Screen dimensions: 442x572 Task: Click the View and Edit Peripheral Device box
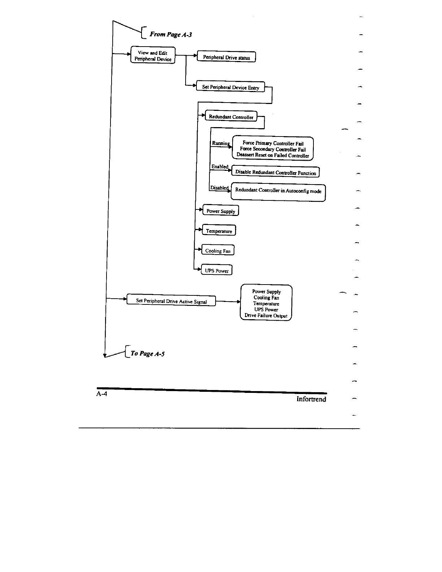[153, 55]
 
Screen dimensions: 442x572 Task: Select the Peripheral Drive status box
[226, 57]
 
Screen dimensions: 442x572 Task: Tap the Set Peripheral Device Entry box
[230, 87]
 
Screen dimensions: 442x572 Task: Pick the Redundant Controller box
[231, 117]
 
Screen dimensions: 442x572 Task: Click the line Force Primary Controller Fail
[273, 143]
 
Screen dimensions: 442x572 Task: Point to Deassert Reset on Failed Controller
[273, 155]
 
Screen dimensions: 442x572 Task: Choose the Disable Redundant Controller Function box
[276, 172]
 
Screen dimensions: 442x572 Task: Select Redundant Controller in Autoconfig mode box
[278, 191]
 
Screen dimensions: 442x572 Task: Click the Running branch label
[220, 143]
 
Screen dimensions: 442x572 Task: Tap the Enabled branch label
[220, 166]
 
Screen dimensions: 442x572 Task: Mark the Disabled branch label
[219, 187]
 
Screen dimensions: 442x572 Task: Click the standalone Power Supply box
[221, 211]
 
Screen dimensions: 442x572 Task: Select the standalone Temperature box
[219, 231]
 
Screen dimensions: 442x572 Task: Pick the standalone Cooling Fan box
[218, 251]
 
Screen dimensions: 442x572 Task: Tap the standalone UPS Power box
[217, 270]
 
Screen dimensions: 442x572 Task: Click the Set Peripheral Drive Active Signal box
[171, 301]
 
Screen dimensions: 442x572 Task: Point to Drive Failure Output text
[266, 316]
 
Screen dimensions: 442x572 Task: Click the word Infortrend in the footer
[311, 399]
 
